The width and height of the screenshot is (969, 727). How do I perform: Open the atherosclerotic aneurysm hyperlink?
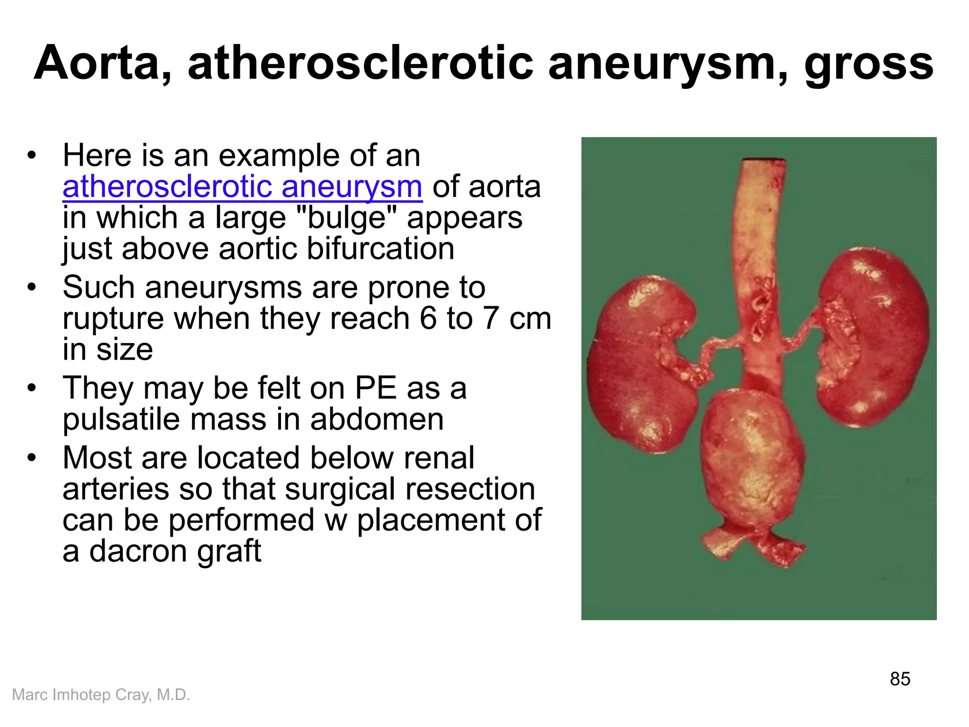(x=242, y=186)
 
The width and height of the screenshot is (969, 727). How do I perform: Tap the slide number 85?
(x=900, y=679)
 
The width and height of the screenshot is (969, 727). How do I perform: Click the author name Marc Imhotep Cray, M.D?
(x=101, y=695)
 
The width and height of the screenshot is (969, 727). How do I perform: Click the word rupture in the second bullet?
(x=113, y=319)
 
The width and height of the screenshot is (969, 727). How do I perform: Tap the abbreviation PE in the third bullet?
(x=376, y=388)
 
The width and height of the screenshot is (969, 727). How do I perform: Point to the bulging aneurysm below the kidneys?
(x=752, y=464)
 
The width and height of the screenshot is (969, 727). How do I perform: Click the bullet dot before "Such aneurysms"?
(x=32, y=287)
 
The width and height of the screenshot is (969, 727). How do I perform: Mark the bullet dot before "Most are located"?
(x=32, y=458)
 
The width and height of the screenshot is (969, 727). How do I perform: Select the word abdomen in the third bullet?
(x=377, y=419)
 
